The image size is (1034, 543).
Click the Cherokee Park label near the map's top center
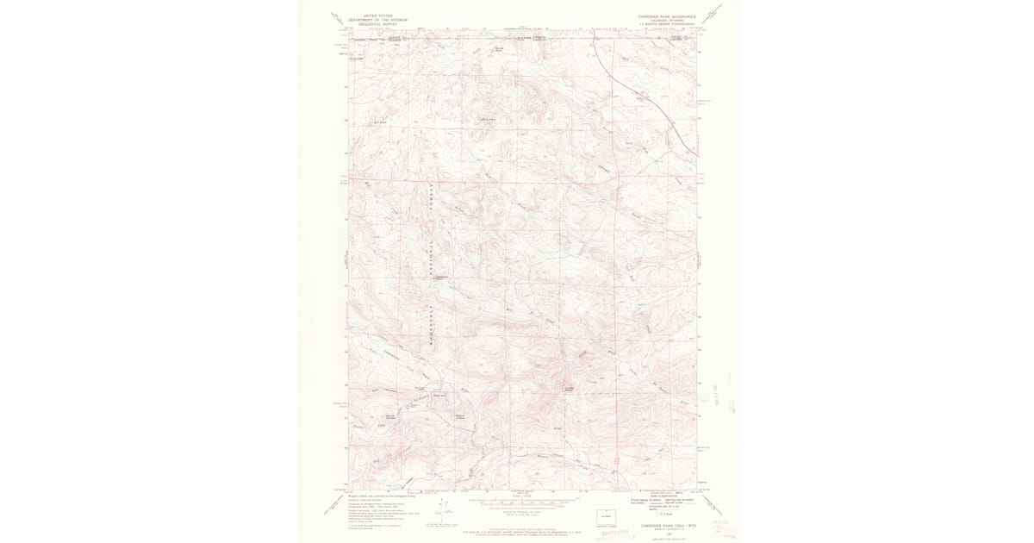[488, 118]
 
